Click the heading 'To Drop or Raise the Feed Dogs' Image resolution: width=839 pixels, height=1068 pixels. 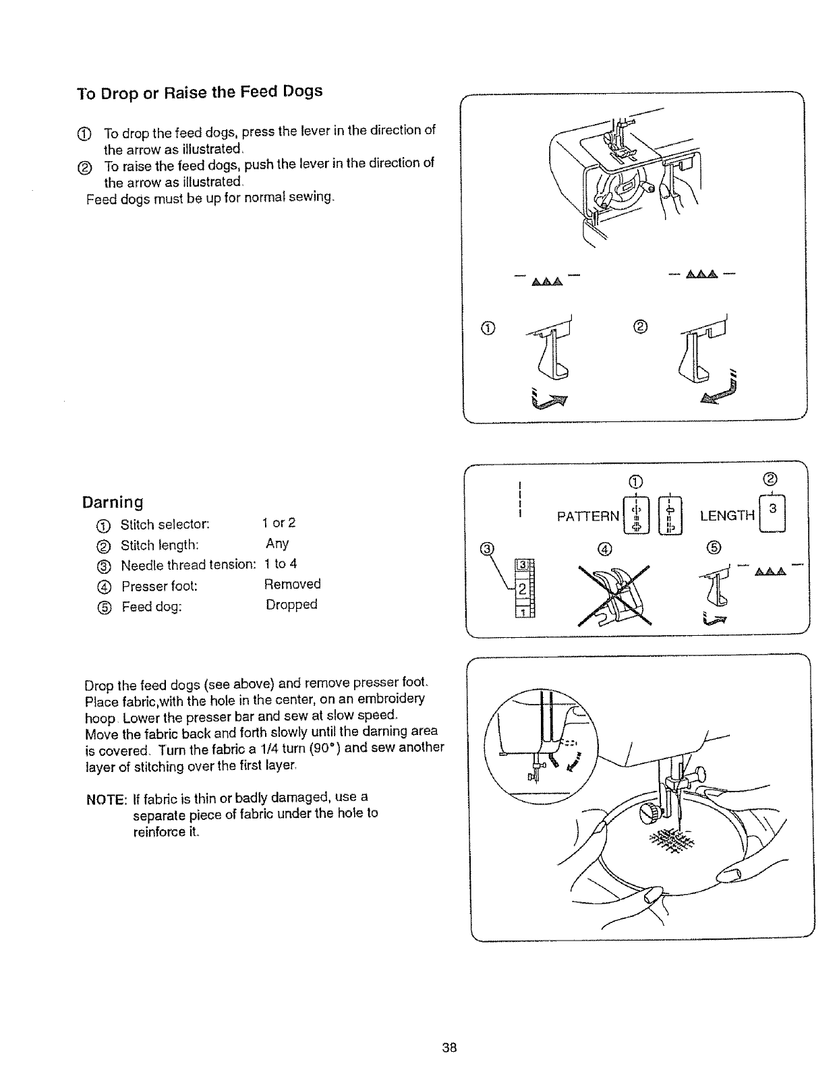point(200,92)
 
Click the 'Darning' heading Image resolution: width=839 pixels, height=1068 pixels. point(113,502)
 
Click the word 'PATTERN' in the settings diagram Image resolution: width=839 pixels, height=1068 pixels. point(587,516)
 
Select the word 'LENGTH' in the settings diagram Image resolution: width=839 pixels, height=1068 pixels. point(727,516)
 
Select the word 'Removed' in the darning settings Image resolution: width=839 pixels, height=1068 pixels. point(291,584)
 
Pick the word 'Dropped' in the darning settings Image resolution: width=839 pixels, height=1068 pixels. point(291,604)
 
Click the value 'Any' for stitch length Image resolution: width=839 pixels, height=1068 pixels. point(277,543)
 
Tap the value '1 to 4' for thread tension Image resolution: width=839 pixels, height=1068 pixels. point(280,564)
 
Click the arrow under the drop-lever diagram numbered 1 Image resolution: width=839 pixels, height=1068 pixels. point(548,399)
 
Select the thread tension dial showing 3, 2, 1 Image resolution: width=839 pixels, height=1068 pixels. point(523,587)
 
